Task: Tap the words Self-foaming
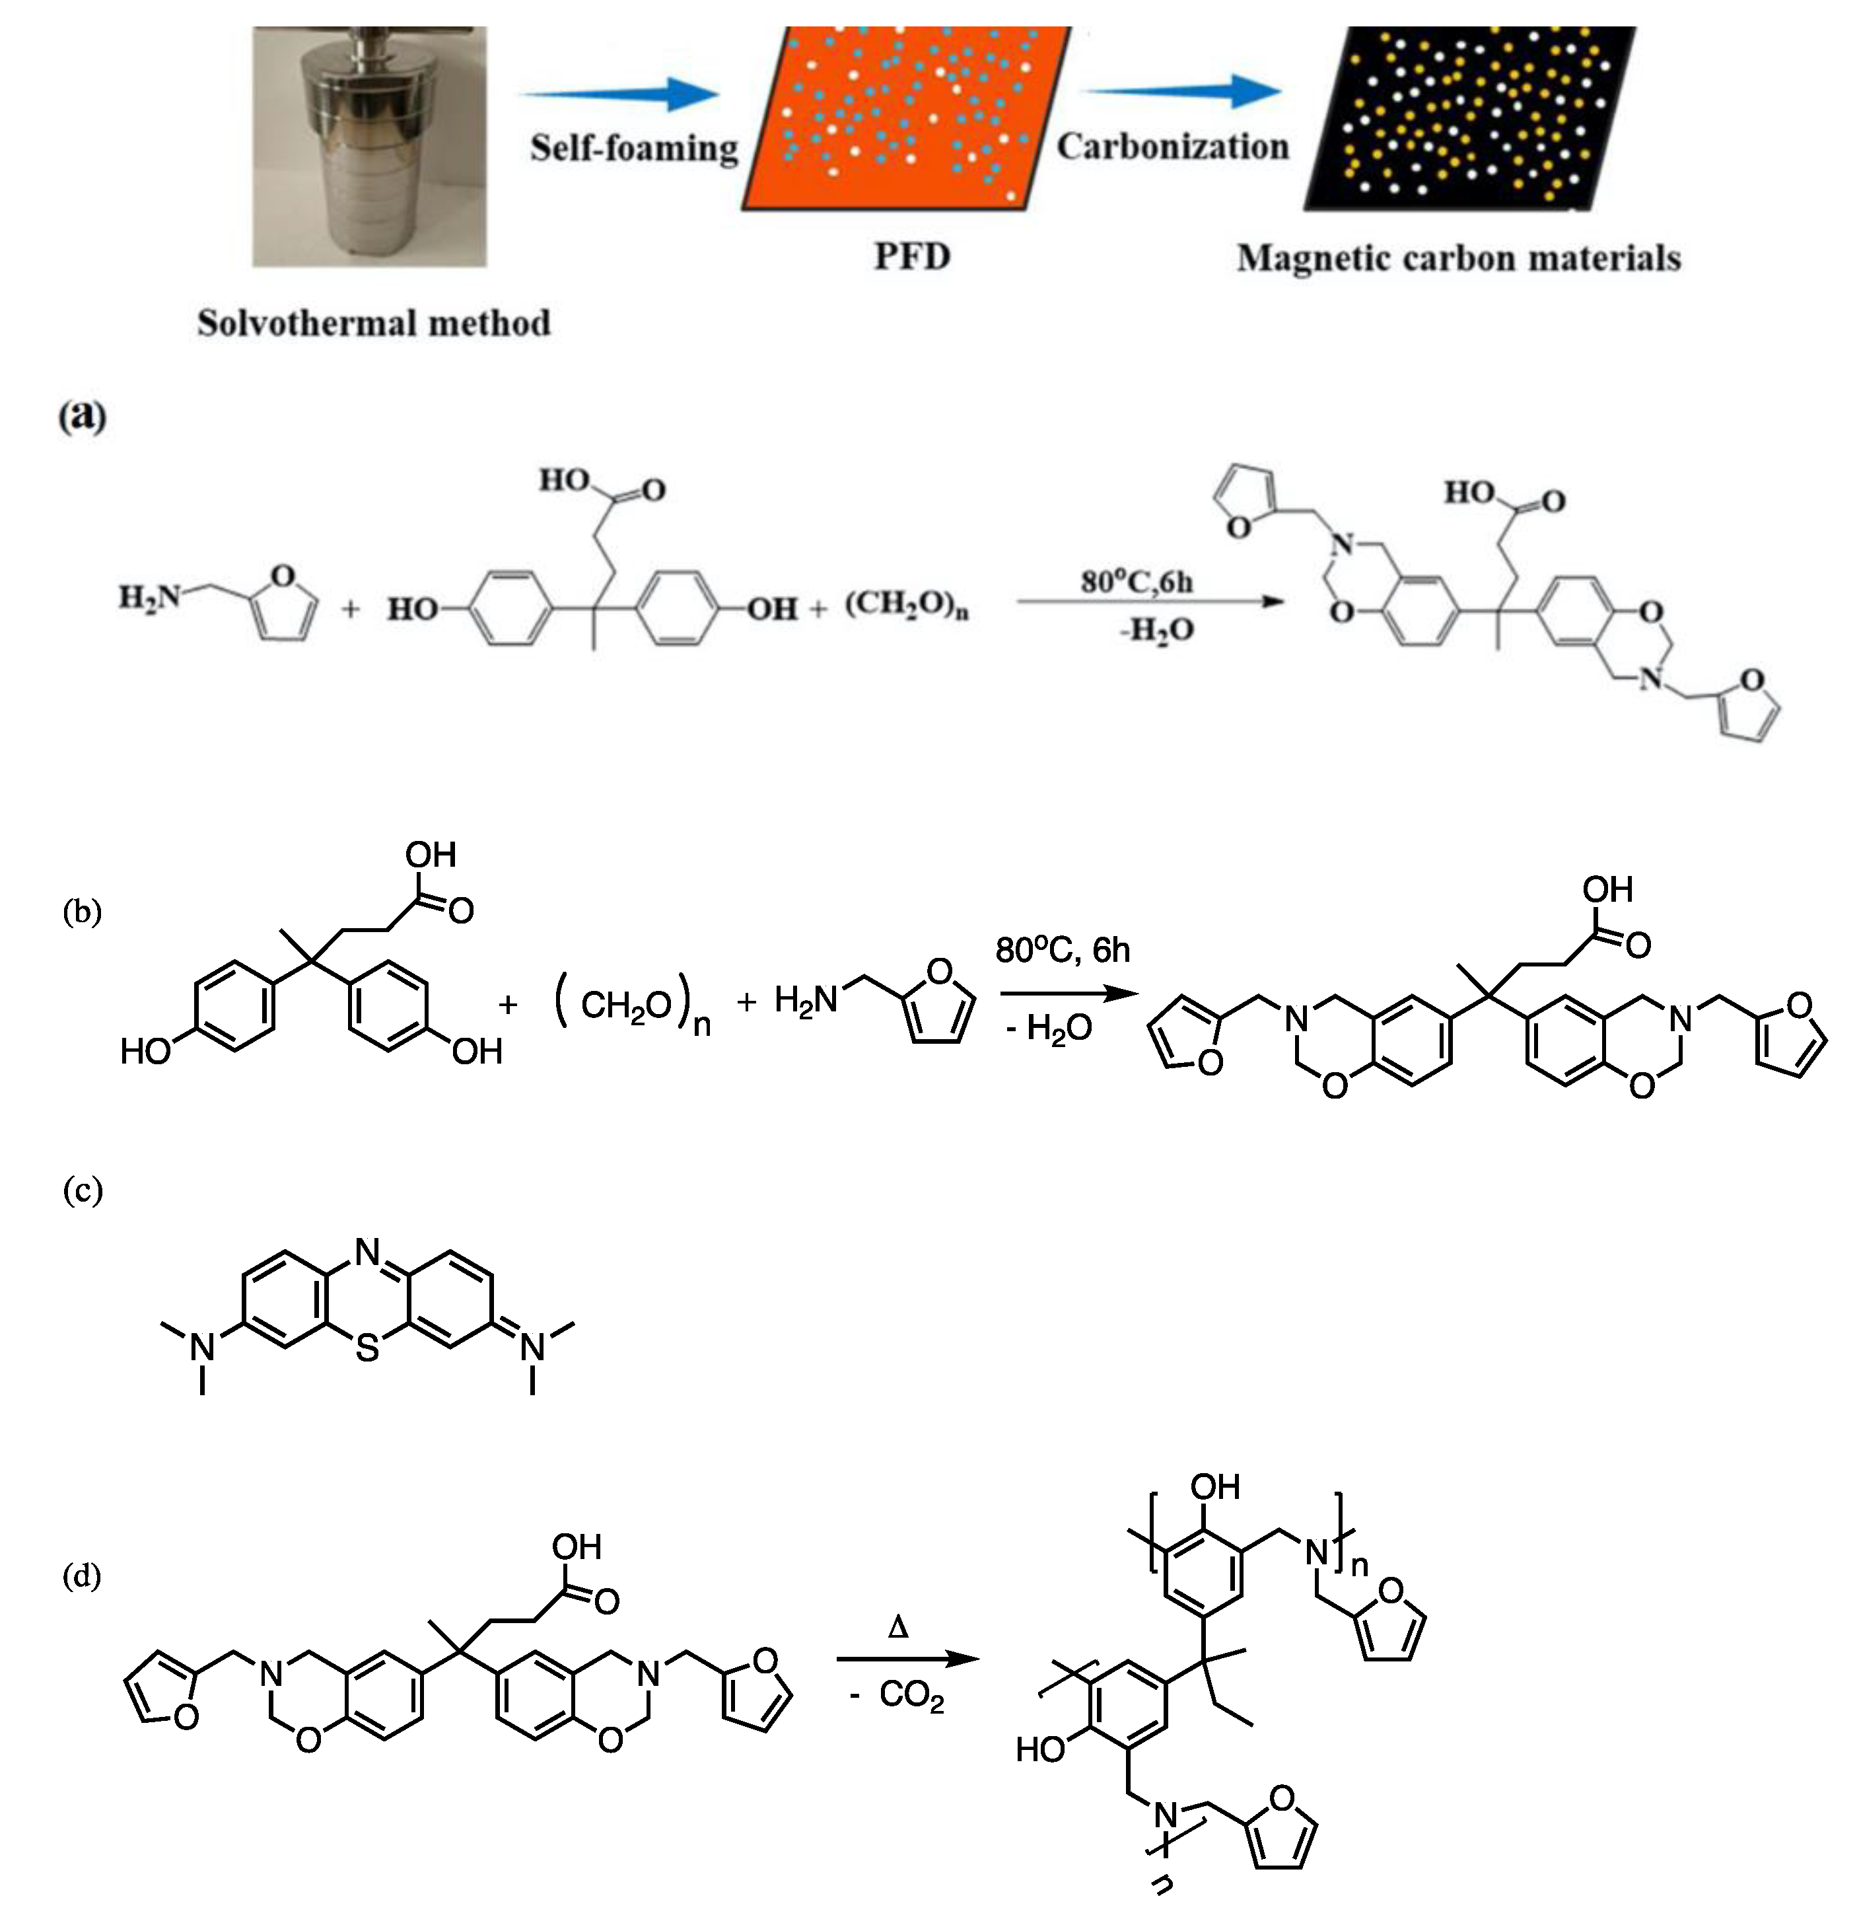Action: (634, 149)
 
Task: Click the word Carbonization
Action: (1172, 147)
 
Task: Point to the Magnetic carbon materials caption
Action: (1458, 258)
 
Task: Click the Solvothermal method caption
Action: (374, 324)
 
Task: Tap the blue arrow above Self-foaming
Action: (619, 94)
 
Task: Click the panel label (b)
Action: (82, 912)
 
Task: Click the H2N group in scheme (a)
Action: (149, 597)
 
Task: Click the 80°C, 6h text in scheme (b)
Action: (1062, 950)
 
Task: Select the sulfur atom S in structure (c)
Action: (367, 1348)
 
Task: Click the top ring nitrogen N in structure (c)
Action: (367, 1253)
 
